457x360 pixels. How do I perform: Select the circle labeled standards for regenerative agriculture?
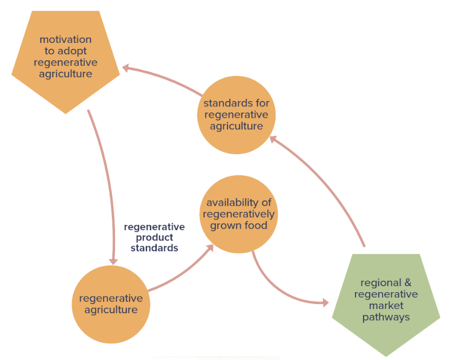coord(236,115)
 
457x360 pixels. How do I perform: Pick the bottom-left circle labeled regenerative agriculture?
coord(111,304)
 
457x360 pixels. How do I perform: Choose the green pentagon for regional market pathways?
coord(386,301)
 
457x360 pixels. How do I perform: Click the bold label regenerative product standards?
coord(154,237)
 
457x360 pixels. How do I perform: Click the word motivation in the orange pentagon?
coord(65,40)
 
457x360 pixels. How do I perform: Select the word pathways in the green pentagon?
coord(386,317)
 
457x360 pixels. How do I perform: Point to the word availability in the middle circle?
coord(239,203)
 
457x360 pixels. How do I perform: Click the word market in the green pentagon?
coord(386,306)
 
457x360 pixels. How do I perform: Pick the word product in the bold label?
coord(154,237)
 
